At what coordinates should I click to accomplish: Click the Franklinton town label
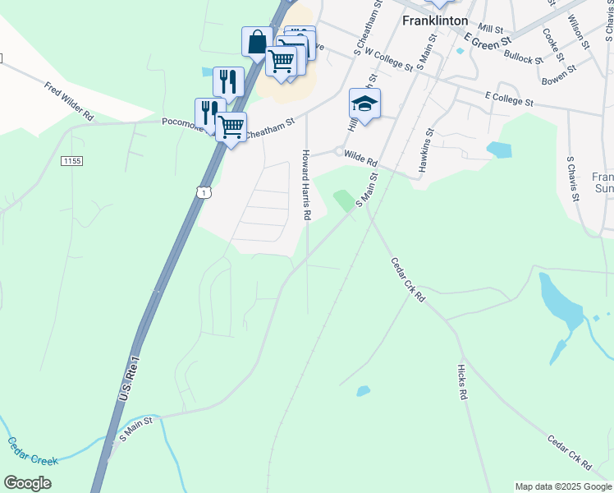pyautogui.click(x=435, y=21)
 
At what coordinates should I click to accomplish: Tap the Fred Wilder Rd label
pyautogui.click(x=70, y=101)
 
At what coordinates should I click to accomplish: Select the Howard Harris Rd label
pyautogui.click(x=305, y=185)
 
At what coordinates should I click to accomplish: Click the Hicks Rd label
pyautogui.click(x=463, y=383)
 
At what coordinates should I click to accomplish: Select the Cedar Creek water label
pyautogui.click(x=34, y=451)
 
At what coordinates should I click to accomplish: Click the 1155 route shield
pyautogui.click(x=71, y=161)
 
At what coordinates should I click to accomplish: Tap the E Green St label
pyautogui.click(x=488, y=38)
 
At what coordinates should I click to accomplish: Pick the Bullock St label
pyautogui.click(x=524, y=58)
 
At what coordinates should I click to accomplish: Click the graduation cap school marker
pyautogui.click(x=364, y=103)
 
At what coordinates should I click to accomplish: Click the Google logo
pyautogui.click(x=27, y=483)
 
